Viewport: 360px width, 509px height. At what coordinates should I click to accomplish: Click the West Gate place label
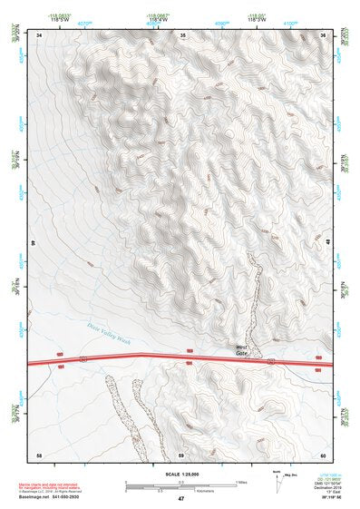241,349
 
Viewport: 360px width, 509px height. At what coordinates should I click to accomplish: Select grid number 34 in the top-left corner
40,34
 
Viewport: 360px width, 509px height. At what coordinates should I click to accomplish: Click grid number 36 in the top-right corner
323,34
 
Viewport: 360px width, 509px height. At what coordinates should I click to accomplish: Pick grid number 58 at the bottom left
39,455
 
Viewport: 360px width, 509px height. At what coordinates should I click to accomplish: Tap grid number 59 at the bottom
180,455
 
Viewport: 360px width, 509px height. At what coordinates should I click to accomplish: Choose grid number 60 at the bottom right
322,455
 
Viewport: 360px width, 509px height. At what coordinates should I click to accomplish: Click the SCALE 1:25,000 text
180,474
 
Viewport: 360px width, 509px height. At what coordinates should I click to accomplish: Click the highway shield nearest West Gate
270,361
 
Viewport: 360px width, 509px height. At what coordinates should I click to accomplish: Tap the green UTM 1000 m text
323,475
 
